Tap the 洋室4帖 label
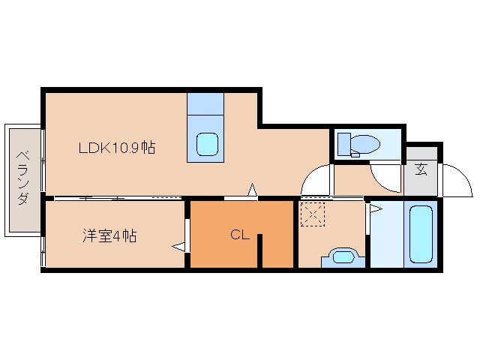click(109, 235)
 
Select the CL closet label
click(239, 235)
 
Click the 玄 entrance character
click(421, 168)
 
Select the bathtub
click(421, 232)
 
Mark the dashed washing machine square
click(311, 214)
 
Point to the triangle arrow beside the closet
click(178, 244)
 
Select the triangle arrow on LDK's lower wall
click(253, 190)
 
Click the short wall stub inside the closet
click(260, 251)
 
